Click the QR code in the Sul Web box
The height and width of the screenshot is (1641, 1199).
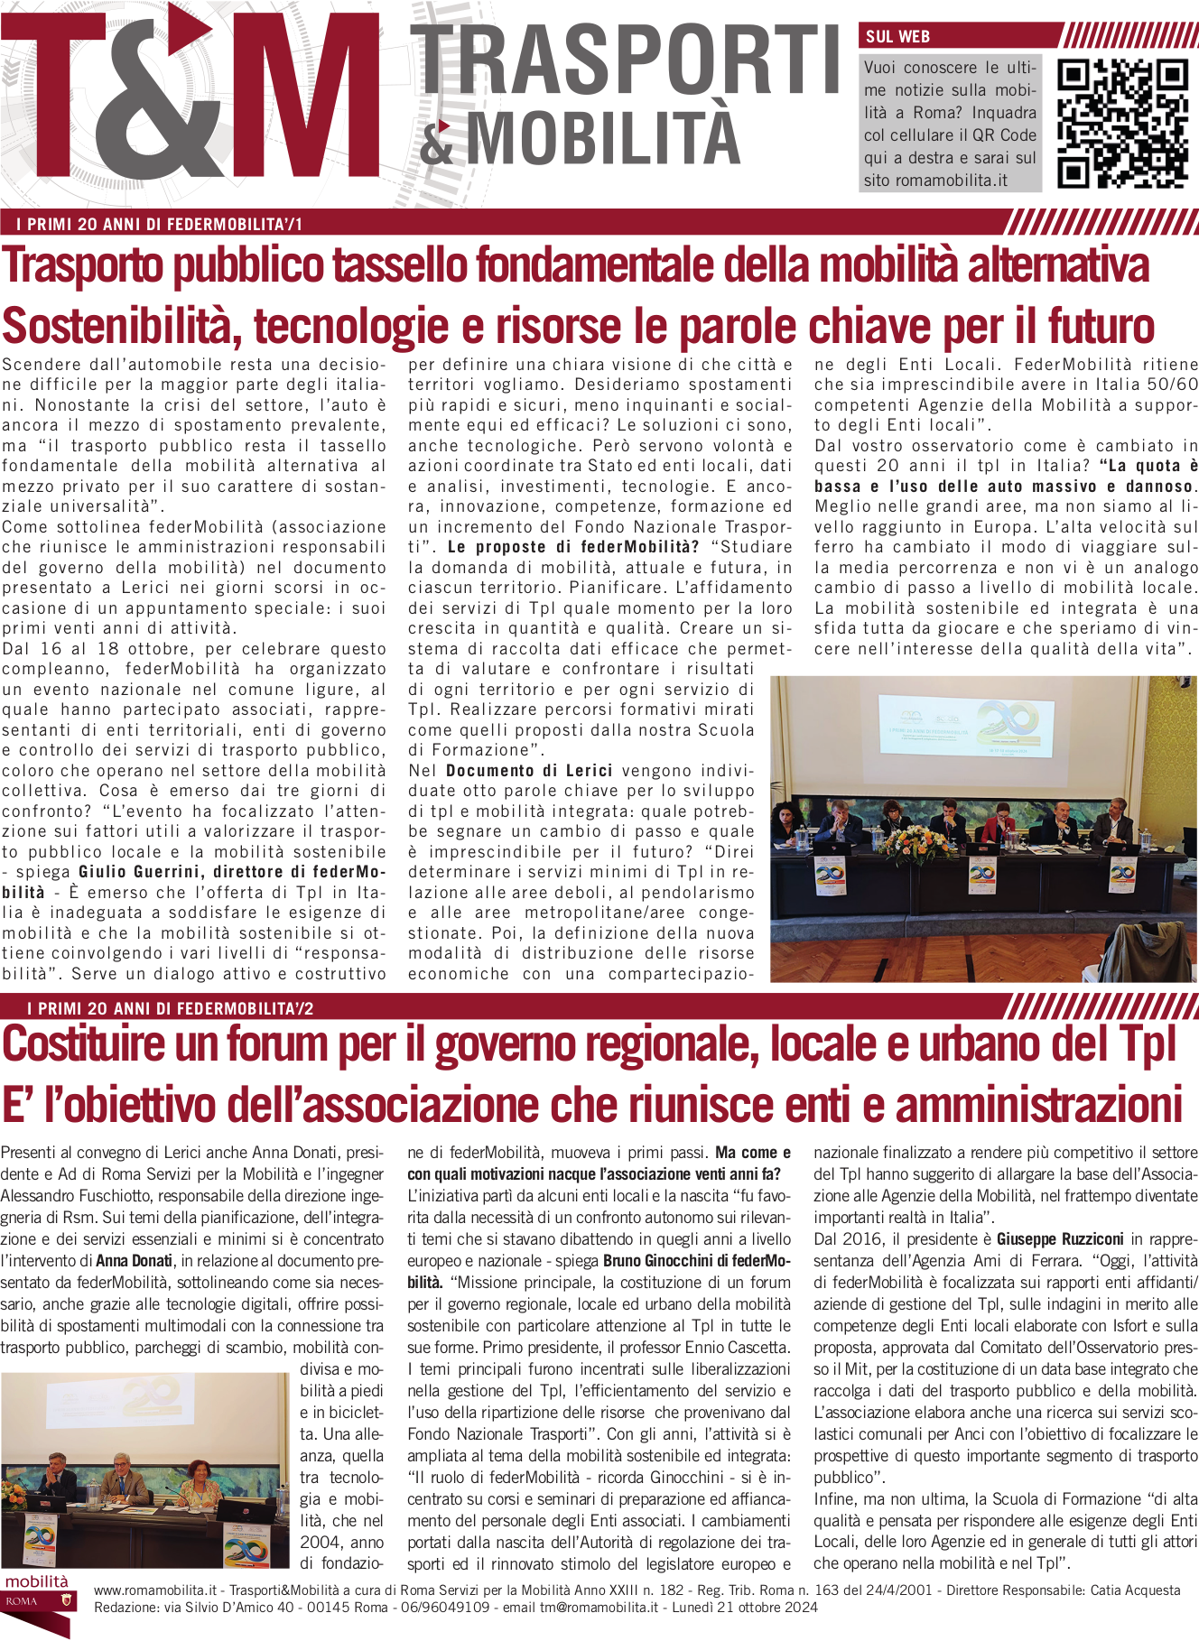coord(1122,123)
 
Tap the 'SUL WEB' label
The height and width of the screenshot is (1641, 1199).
coord(897,37)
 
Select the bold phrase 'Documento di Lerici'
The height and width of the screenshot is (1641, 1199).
coord(529,771)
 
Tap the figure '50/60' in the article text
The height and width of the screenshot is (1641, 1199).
coord(1171,385)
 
